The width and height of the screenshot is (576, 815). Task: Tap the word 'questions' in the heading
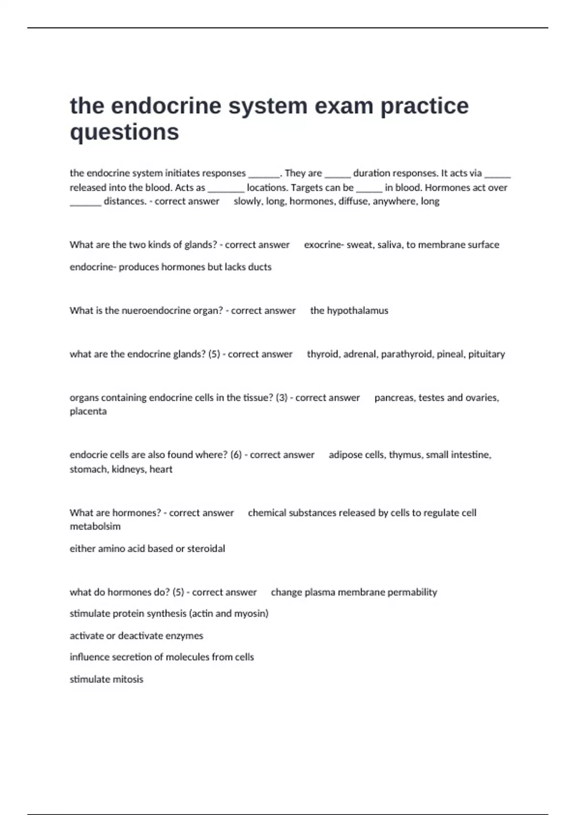[124, 132]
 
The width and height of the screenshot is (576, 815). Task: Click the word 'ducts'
[260, 267]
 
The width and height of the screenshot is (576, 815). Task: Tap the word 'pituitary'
[486, 354]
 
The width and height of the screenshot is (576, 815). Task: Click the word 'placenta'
[88, 411]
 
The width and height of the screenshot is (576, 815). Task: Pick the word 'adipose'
[345, 455]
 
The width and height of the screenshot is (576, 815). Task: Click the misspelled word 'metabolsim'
[95, 526]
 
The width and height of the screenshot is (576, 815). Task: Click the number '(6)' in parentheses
[236, 455]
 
